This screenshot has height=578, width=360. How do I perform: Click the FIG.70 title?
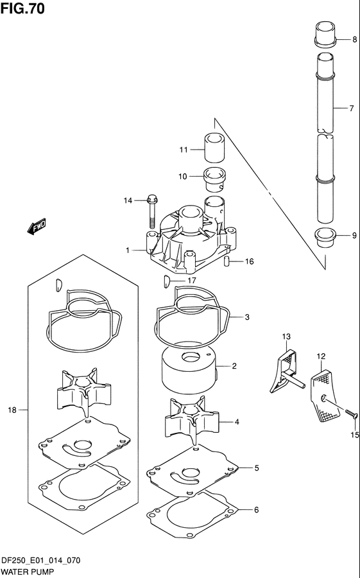pos(22,8)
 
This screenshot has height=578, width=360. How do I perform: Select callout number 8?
pos(354,40)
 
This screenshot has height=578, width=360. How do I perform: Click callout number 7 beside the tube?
pos(352,109)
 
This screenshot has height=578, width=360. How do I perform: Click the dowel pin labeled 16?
pos(227,261)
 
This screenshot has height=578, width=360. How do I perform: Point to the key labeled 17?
pos(166,280)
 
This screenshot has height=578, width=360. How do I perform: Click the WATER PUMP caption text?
pos(28,570)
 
